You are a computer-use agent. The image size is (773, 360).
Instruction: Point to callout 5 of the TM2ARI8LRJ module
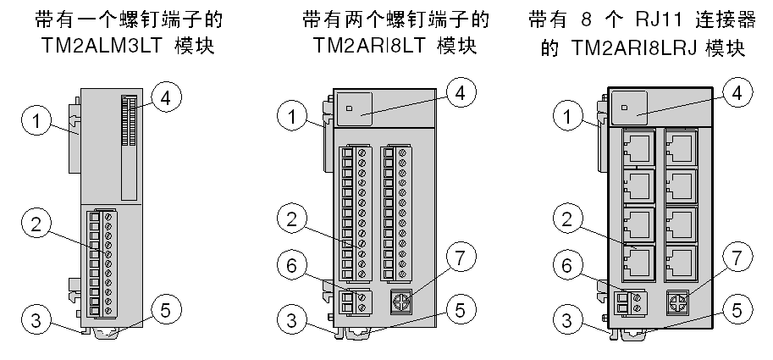(x=738, y=310)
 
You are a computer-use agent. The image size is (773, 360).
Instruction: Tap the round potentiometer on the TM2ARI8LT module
(x=404, y=302)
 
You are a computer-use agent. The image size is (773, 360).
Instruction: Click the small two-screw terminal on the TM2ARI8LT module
(x=356, y=301)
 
